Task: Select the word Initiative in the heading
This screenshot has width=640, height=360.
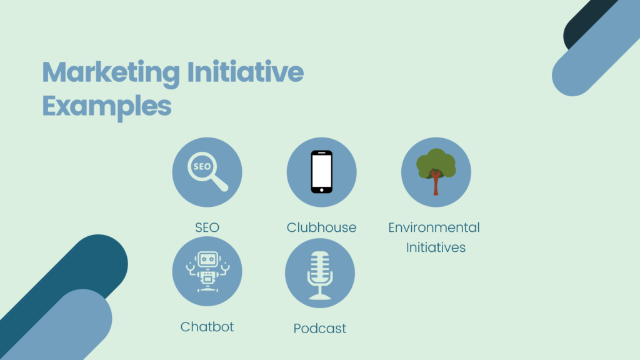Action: click(245, 74)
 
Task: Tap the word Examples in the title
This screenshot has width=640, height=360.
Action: click(107, 106)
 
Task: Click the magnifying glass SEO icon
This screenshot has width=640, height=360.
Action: click(207, 172)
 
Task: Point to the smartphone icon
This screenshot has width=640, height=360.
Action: click(321, 172)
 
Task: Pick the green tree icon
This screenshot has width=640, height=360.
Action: click(436, 171)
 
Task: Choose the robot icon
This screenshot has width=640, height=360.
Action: click(207, 271)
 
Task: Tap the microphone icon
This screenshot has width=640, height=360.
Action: click(320, 274)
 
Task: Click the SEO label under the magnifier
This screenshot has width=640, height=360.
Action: click(207, 227)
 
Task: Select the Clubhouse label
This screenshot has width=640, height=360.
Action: click(321, 227)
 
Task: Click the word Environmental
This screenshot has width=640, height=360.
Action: click(434, 227)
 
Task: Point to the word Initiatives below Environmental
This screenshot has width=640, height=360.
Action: click(436, 247)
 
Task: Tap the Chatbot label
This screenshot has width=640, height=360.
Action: click(207, 326)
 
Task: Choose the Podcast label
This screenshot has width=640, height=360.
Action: click(320, 328)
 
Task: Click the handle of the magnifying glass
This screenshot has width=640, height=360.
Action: click(219, 184)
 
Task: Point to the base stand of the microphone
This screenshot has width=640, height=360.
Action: click(320, 296)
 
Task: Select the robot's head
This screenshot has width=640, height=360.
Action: click(207, 257)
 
